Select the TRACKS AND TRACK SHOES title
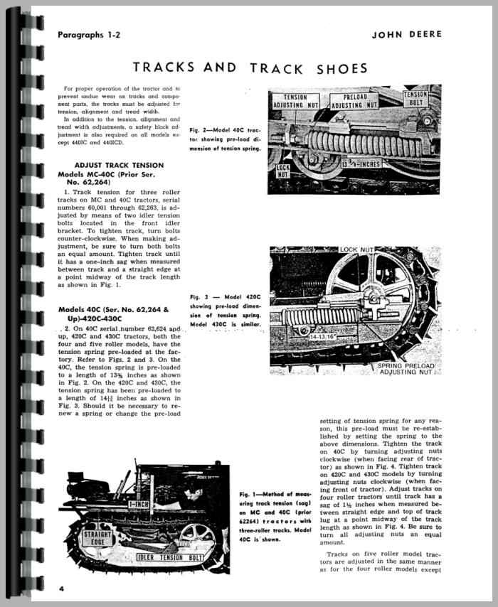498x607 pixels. coord(250,68)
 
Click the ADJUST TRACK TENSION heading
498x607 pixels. coord(109,165)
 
